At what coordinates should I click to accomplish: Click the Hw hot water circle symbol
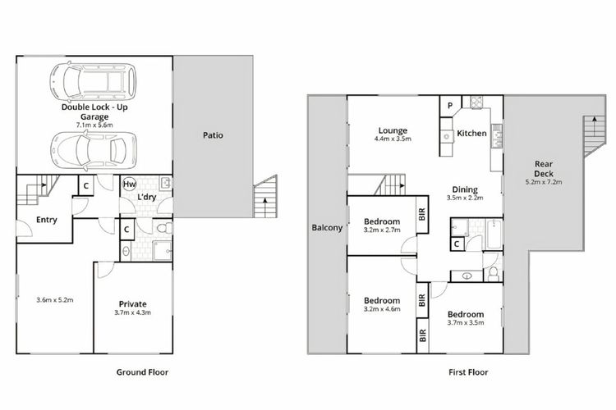tap(129, 184)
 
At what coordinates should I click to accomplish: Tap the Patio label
tap(213, 135)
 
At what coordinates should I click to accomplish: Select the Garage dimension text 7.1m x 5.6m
tap(94, 125)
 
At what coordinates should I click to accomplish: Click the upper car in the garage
tap(93, 82)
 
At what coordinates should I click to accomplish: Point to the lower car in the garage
tap(94, 150)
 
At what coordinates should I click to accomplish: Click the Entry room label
tap(47, 220)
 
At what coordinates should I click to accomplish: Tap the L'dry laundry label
tap(146, 197)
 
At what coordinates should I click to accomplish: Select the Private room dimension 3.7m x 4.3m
tap(133, 312)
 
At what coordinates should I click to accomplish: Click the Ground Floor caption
tap(142, 372)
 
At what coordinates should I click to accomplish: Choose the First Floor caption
tap(468, 372)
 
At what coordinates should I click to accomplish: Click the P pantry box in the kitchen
tap(450, 106)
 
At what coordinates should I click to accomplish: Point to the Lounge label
tap(393, 130)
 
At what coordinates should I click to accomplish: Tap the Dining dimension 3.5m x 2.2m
tap(465, 198)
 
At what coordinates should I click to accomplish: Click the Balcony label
tap(327, 228)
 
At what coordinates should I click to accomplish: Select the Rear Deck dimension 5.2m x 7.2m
tap(544, 182)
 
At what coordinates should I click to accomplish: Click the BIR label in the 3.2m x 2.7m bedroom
tap(422, 214)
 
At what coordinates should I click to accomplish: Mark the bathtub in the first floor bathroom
tap(494, 235)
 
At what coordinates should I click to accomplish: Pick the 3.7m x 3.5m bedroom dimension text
tap(466, 323)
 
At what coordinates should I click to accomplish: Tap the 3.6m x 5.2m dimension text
tap(55, 300)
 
